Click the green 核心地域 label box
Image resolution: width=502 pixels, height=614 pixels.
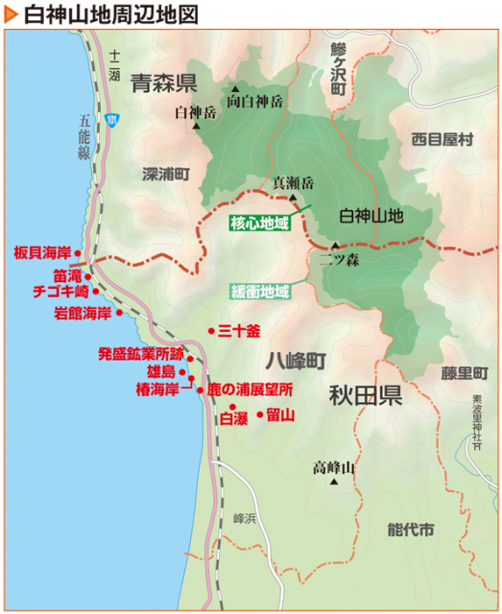pos(259,224)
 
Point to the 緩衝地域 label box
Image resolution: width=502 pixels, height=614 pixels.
pos(259,291)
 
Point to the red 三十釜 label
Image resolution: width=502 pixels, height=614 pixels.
pos(240,331)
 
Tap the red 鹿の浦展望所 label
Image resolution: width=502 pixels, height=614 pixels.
pos(251,390)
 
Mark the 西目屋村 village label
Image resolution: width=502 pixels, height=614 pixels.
pos(442,139)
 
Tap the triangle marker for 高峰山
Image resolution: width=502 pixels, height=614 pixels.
pos(334,483)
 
